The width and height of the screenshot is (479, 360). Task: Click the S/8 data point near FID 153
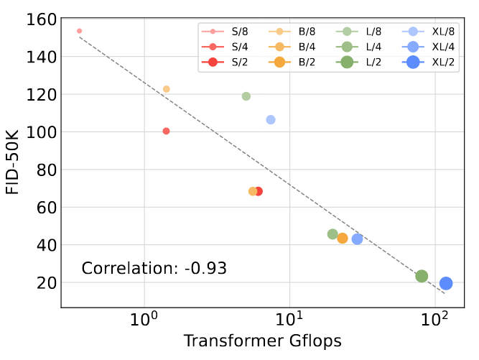79,31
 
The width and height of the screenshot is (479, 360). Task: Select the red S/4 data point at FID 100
166,131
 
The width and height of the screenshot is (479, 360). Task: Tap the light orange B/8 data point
166,89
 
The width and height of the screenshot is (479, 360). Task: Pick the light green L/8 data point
246,96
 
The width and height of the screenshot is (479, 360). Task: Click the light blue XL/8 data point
271,119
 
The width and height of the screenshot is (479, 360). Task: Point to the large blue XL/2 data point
446,283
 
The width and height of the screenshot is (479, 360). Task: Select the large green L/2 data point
422,276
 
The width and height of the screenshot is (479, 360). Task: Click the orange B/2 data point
343,238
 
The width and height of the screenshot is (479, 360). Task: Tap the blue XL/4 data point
357,239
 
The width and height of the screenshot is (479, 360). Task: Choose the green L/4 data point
332,234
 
